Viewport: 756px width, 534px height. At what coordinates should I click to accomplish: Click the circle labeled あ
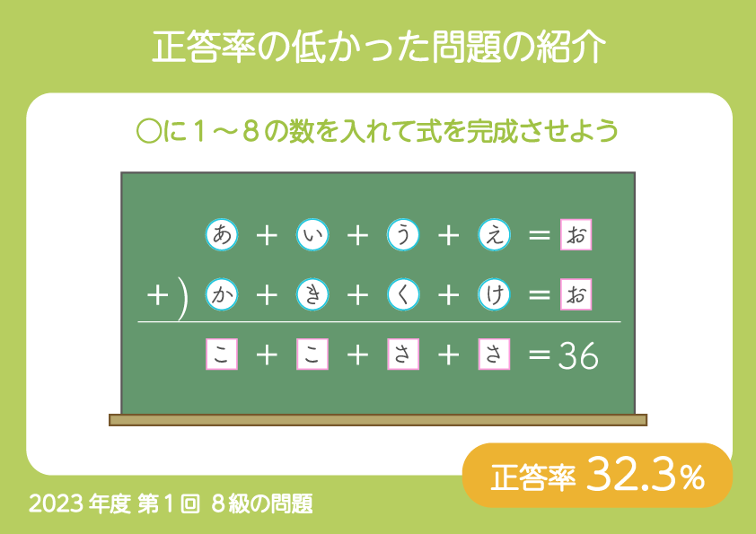point(222,235)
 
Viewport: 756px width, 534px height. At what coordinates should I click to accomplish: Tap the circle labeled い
point(312,235)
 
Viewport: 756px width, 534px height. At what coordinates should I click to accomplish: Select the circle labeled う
point(403,235)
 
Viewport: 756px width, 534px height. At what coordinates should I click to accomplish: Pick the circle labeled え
point(494,235)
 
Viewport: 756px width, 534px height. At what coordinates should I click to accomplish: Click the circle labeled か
point(222,294)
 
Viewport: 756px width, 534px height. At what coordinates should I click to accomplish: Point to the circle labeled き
point(312,294)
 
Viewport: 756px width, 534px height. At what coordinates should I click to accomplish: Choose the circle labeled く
point(403,294)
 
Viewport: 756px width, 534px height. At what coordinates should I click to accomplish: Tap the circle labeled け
point(494,294)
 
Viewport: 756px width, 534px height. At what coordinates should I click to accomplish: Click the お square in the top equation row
point(576,235)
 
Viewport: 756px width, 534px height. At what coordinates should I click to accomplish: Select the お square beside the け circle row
point(576,294)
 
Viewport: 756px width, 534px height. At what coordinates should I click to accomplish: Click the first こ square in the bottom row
point(222,355)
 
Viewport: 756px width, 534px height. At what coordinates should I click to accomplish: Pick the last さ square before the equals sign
point(494,355)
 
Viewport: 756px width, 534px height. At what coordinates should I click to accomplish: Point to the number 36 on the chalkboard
point(578,355)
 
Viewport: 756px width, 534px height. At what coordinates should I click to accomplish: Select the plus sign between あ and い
point(267,236)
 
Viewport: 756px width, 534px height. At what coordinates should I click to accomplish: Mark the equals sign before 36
point(540,355)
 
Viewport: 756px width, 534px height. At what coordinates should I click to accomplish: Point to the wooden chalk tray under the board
point(378,420)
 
